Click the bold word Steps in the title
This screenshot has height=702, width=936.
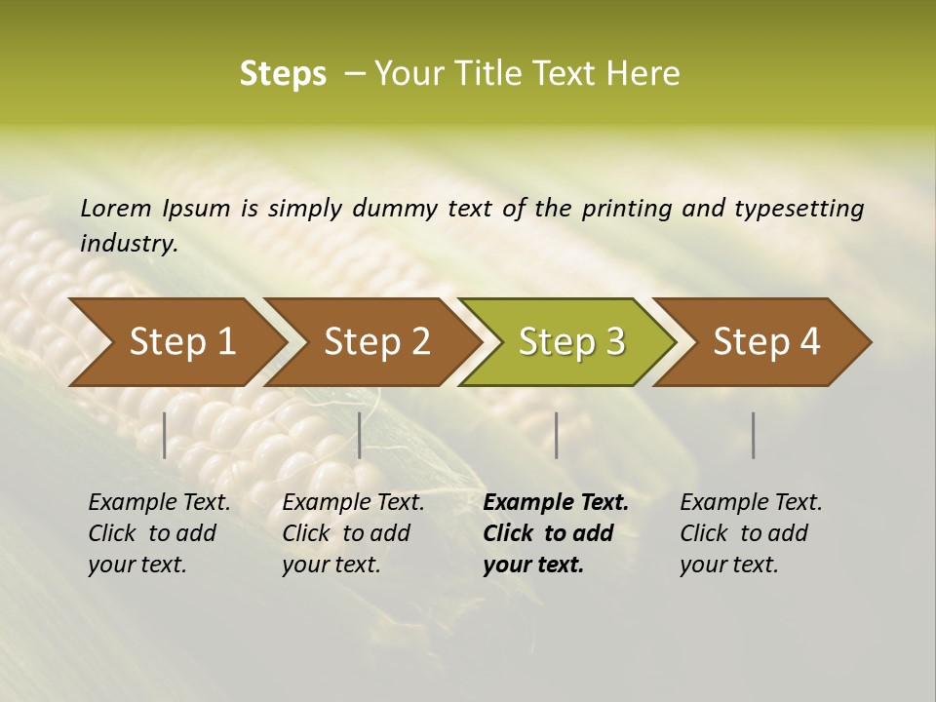pyautogui.click(x=283, y=74)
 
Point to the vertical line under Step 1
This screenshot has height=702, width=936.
pyautogui.click(x=165, y=435)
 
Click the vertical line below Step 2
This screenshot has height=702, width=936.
pyautogui.click(x=360, y=435)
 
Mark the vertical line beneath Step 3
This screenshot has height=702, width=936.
pyautogui.click(x=556, y=435)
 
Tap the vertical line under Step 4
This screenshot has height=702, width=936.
pyautogui.click(x=754, y=435)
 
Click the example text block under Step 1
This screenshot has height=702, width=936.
pyautogui.click(x=159, y=533)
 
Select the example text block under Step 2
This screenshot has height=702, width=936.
pyautogui.click(x=353, y=533)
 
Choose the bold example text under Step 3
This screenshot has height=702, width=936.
pyautogui.click(x=556, y=533)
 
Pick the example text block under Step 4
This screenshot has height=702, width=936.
pyautogui.click(x=751, y=533)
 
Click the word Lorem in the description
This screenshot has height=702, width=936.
pyautogui.click(x=116, y=208)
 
